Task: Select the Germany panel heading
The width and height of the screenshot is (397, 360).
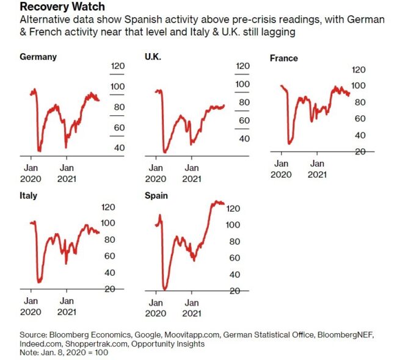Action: (38, 57)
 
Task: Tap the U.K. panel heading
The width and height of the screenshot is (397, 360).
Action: (153, 57)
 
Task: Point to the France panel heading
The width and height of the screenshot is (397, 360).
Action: (284, 58)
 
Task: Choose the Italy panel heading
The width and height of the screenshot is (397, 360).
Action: (28, 195)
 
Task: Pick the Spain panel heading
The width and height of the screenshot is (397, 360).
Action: (156, 195)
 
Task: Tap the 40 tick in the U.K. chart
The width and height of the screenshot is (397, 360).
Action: (244, 139)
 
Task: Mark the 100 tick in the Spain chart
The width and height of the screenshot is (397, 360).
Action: (233, 225)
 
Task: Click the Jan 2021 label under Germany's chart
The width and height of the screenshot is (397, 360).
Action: (67, 173)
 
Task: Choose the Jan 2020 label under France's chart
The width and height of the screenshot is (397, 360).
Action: (281, 168)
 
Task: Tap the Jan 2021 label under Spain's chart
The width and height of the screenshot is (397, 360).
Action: (192, 308)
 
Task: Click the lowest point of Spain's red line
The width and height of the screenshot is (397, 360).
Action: (165, 289)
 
